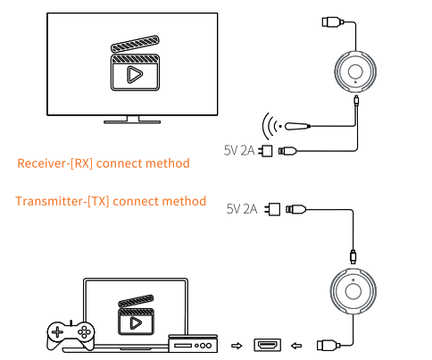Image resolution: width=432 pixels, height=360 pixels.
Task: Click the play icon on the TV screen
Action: [135, 75]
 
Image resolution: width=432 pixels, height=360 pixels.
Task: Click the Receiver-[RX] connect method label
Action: [104, 163]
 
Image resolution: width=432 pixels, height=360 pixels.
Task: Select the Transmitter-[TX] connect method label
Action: [111, 201]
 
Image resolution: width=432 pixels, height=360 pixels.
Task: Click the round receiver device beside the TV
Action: [356, 72]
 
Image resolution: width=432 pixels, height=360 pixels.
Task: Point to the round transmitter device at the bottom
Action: [352, 294]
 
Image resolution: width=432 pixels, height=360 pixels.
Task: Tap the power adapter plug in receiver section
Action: [265, 151]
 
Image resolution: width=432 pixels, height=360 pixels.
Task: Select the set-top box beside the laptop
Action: [194, 341]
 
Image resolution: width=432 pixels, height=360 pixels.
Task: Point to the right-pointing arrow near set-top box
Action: [237, 344]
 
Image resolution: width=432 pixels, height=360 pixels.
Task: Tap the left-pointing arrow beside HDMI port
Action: [296, 344]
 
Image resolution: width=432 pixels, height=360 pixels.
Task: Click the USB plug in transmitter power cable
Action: [296, 209]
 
